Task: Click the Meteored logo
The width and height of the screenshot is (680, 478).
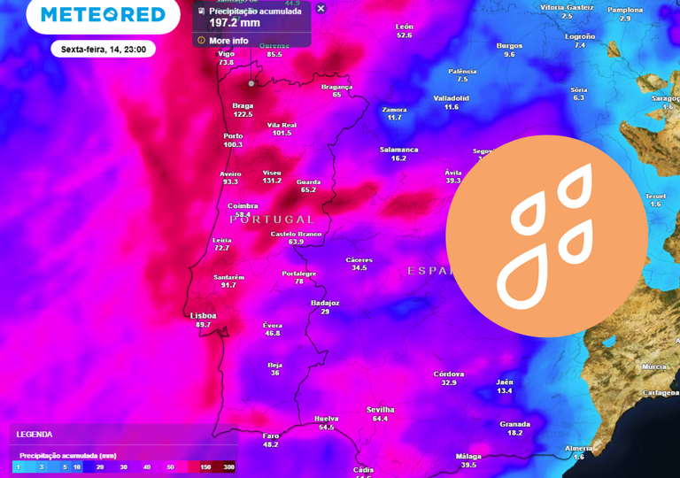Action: tap(103, 15)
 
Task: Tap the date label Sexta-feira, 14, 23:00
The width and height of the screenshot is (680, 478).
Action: tap(104, 50)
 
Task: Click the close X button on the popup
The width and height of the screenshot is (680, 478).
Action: tap(321, 9)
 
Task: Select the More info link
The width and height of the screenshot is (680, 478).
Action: tap(228, 41)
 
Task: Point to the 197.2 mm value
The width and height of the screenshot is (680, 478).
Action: tap(234, 23)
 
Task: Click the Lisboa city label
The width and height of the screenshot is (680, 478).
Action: tap(203, 316)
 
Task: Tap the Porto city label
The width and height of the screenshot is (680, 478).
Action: tap(233, 136)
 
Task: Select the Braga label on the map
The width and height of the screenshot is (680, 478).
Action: tap(243, 106)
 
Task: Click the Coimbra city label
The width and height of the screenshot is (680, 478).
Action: tap(243, 206)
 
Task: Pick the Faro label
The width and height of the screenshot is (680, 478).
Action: tap(270, 436)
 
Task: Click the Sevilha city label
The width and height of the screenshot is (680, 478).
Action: tap(381, 410)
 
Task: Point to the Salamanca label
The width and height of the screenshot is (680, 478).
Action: tap(398, 150)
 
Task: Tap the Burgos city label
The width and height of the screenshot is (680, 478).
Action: tap(509, 45)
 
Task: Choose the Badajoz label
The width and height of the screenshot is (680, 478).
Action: tap(325, 303)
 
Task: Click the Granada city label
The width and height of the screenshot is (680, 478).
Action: tap(514, 424)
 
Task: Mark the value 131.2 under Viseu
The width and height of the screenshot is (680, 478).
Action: tap(272, 181)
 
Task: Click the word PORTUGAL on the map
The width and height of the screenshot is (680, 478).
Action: tap(272, 220)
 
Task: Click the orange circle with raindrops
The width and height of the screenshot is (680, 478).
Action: tap(546, 235)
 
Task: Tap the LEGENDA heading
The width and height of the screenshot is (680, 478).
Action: tap(35, 435)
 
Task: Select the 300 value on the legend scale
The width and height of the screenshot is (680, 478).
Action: tap(228, 466)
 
